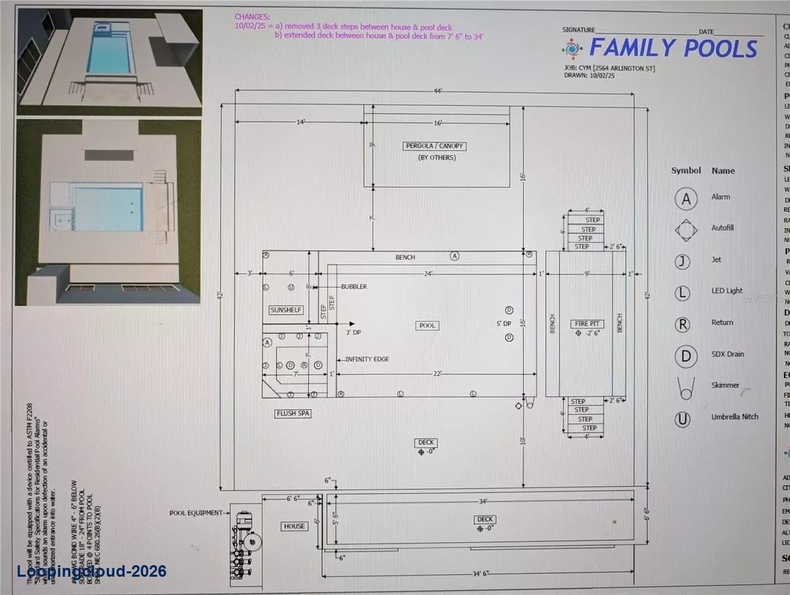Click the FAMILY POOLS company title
click(673, 49)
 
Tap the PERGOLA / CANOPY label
click(436, 146)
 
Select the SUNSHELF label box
click(286, 310)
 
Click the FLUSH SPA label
click(293, 413)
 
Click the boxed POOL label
click(427, 326)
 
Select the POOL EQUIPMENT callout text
click(195, 513)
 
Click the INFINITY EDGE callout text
click(367, 359)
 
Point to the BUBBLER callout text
click(354, 286)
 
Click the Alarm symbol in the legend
click(686, 198)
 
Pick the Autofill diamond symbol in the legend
click(686, 229)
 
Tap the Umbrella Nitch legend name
click(735, 418)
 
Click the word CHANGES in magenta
click(251, 16)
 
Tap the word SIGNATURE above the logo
click(578, 30)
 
